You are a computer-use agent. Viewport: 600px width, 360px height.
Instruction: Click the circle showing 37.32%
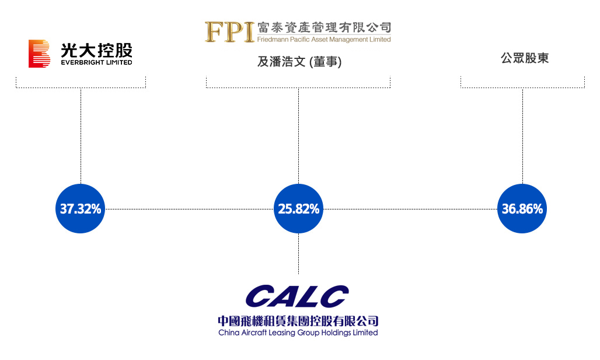pyautogui.click(x=81, y=208)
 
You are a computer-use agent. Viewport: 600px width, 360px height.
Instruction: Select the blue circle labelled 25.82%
pyautogui.click(x=298, y=208)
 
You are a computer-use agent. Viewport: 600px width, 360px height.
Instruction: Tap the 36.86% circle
pyautogui.click(x=522, y=208)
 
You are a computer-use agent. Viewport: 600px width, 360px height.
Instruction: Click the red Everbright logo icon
pyautogui.click(x=39, y=54)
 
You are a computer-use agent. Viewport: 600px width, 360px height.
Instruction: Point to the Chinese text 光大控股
pyautogui.click(x=96, y=50)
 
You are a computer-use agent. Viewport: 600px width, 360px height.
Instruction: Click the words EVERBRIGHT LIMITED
pyautogui.click(x=96, y=62)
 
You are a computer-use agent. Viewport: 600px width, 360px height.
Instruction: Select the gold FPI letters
pyautogui.click(x=229, y=32)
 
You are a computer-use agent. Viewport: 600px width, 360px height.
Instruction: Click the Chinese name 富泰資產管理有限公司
pyautogui.click(x=324, y=27)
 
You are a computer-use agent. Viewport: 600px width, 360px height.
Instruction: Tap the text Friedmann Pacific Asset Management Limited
pyautogui.click(x=324, y=40)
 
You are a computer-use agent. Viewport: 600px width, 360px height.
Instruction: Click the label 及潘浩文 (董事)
pyautogui.click(x=299, y=62)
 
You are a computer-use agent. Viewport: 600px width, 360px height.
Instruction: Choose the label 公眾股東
pyautogui.click(x=525, y=58)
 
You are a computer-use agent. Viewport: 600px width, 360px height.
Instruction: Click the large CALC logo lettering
pyautogui.click(x=297, y=296)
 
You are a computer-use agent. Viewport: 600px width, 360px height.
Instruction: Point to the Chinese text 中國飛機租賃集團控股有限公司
pyautogui.click(x=298, y=321)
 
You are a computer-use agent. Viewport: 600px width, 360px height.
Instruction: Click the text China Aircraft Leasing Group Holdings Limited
pyautogui.click(x=298, y=333)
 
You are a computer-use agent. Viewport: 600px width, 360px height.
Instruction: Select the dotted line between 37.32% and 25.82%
pyautogui.click(x=190, y=209)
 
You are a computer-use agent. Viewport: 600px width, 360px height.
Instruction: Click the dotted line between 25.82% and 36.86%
pyautogui.click(x=410, y=209)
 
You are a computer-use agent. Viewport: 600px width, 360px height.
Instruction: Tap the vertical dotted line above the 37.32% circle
pyautogui.click(x=81, y=136)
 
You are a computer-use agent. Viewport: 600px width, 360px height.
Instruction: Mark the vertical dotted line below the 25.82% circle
pyautogui.click(x=298, y=254)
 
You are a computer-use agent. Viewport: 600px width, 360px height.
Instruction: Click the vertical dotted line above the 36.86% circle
pyautogui.click(x=523, y=136)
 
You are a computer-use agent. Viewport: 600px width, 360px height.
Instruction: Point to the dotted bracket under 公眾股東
pyautogui.click(x=523, y=88)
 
